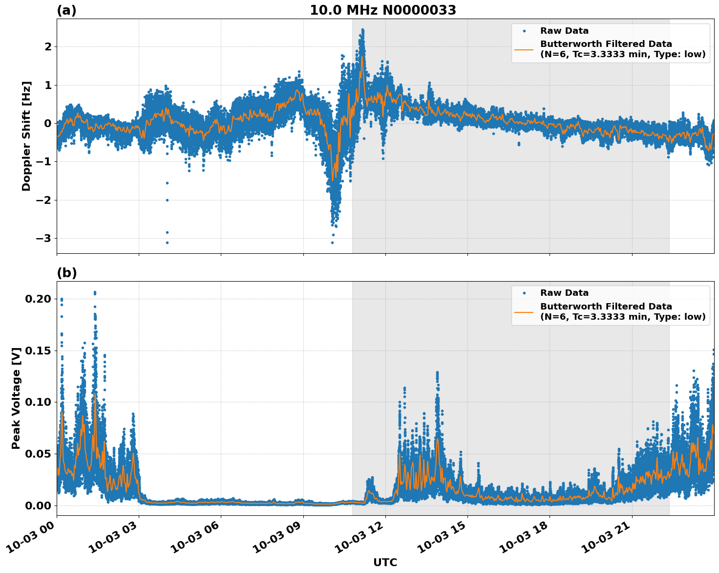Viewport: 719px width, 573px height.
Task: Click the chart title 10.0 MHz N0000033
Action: coord(383,10)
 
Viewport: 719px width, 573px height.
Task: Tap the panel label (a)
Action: coord(66,10)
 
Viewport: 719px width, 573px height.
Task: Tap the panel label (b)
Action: coord(66,273)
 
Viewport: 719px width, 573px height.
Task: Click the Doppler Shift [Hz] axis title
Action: coord(26,136)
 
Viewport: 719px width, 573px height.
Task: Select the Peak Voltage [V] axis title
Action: coord(16,398)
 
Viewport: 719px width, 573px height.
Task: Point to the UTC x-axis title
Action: coord(385,562)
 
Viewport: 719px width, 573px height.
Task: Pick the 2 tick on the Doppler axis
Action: coord(48,46)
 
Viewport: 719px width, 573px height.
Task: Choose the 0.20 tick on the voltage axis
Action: coord(39,299)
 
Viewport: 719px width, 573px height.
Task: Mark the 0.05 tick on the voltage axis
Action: coord(39,454)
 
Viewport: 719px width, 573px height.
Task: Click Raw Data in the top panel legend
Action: coord(564,31)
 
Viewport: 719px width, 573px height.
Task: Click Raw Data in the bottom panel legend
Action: coord(564,293)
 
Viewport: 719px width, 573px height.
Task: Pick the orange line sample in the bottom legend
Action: coord(524,312)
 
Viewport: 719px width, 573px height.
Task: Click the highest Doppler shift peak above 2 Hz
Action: coord(362,30)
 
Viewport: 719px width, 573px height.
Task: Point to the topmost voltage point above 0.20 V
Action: coord(95,292)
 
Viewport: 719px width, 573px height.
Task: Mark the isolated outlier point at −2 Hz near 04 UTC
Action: coord(167,200)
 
